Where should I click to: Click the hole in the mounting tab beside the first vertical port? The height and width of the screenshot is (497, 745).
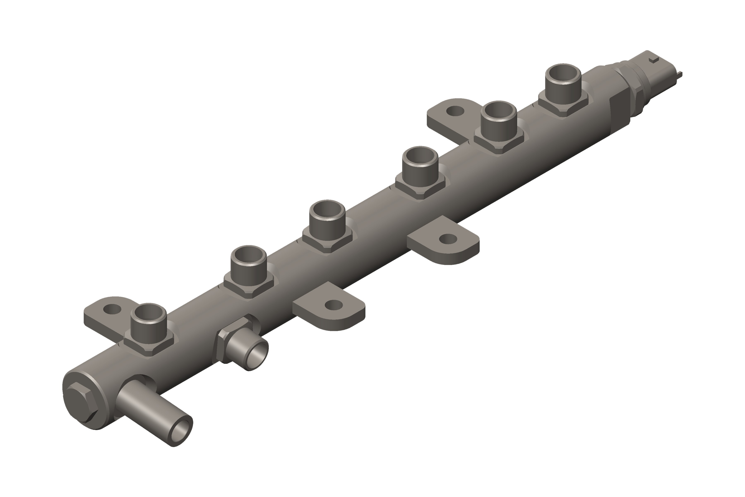(112, 309)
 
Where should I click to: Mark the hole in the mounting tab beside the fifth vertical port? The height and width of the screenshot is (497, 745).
(455, 111)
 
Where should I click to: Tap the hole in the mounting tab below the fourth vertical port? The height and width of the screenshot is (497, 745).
(448, 239)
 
